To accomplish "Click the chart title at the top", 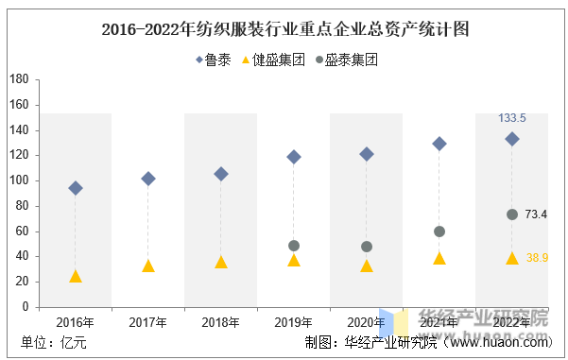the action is (285, 29).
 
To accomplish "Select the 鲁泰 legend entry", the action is (214, 60).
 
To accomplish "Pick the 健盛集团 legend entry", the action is (273, 60).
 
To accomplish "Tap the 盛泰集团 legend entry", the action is (347, 60).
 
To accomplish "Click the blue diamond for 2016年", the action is (76, 188).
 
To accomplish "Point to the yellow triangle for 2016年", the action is (76, 276).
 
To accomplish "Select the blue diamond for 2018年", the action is (221, 174).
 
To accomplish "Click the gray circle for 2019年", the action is (294, 246).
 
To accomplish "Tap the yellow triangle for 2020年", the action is (367, 266).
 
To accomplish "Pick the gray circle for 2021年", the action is (439, 231).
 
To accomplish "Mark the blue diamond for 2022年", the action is (512, 139).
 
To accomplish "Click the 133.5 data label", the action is (512, 118).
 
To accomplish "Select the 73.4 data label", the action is (536, 214).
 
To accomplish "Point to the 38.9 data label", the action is (537, 258).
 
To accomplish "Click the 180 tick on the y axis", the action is (19, 79).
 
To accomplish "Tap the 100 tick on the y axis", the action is (19, 180).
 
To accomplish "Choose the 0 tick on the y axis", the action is (26, 307).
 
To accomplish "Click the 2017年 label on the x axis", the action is (147, 322).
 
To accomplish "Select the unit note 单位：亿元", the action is (54, 342).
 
